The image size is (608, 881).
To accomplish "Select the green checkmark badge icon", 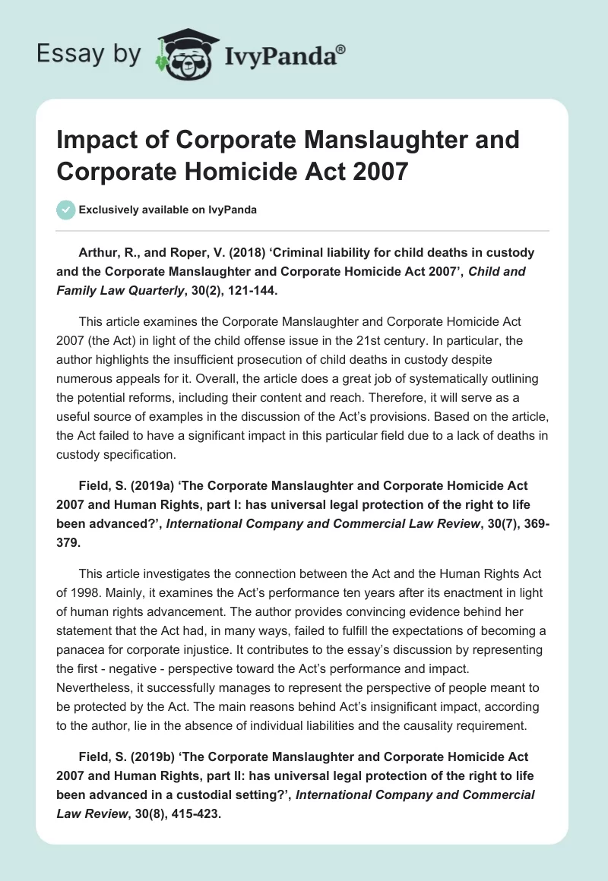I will coord(66,210).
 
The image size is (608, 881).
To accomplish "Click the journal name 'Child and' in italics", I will coord(498,270).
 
